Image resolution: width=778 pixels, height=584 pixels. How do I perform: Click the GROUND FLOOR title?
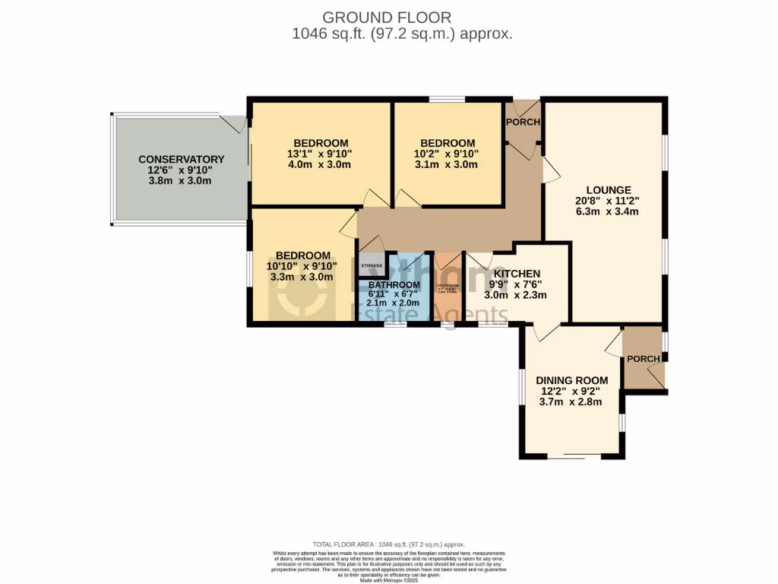(387, 17)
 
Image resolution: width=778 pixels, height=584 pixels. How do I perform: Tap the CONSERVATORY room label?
(181, 159)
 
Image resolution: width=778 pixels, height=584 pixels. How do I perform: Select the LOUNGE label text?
(608, 190)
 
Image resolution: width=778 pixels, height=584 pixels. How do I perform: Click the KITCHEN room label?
(517, 274)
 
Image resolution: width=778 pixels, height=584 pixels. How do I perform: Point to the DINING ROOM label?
(571, 380)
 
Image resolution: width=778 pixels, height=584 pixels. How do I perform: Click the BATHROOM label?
(394, 284)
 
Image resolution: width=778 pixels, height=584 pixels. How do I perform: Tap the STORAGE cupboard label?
(372, 265)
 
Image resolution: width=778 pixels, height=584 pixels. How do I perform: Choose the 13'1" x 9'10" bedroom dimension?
(321, 154)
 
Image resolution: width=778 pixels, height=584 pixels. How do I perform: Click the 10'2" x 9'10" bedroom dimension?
(448, 154)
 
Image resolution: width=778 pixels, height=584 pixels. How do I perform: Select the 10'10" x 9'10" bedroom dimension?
(302, 266)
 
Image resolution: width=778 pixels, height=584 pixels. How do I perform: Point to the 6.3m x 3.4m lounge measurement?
(608, 211)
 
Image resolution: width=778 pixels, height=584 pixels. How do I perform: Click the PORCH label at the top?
(523, 122)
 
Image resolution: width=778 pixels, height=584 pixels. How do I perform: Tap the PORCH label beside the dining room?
(643, 359)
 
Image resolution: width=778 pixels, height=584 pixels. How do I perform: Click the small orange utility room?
(448, 289)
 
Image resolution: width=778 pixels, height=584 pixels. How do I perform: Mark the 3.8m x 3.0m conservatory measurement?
(181, 181)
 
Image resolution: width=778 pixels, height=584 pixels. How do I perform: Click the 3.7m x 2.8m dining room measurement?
(571, 401)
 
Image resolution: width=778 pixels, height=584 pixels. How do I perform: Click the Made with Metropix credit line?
(388, 580)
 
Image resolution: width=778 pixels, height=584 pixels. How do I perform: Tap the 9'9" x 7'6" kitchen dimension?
(517, 285)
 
